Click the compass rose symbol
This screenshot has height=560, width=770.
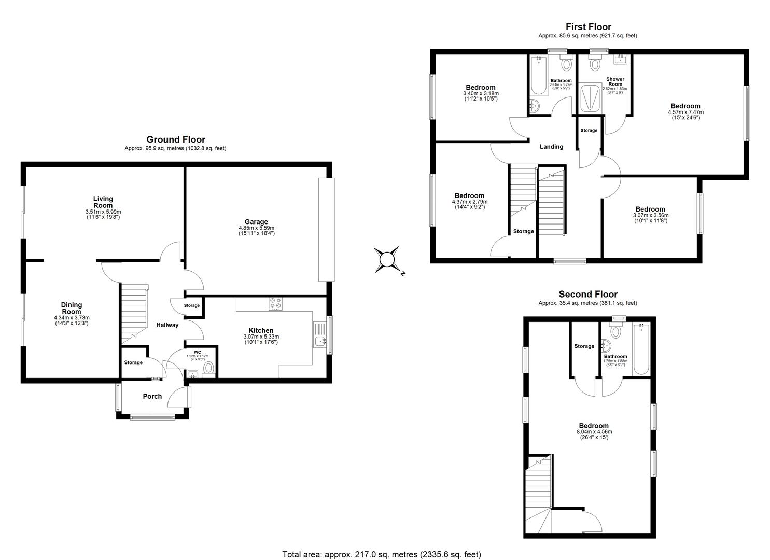point(387,260)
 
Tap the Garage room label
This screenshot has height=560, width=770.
point(256,222)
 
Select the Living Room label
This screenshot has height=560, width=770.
point(103,202)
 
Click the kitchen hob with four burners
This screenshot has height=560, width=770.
point(275,303)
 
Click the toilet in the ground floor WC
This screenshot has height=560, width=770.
point(208,368)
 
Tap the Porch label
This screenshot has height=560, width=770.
point(152,396)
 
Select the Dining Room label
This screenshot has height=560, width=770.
point(72,308)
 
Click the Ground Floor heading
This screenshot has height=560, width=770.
point(175,139)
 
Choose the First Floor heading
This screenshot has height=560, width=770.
point(587,27)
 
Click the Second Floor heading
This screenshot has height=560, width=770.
point(587,295)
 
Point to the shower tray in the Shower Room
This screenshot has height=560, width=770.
point(591,98)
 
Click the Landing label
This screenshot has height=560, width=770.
point(551,147)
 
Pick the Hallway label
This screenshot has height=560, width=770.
point(167,325)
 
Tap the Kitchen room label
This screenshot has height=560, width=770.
point(261,330)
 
